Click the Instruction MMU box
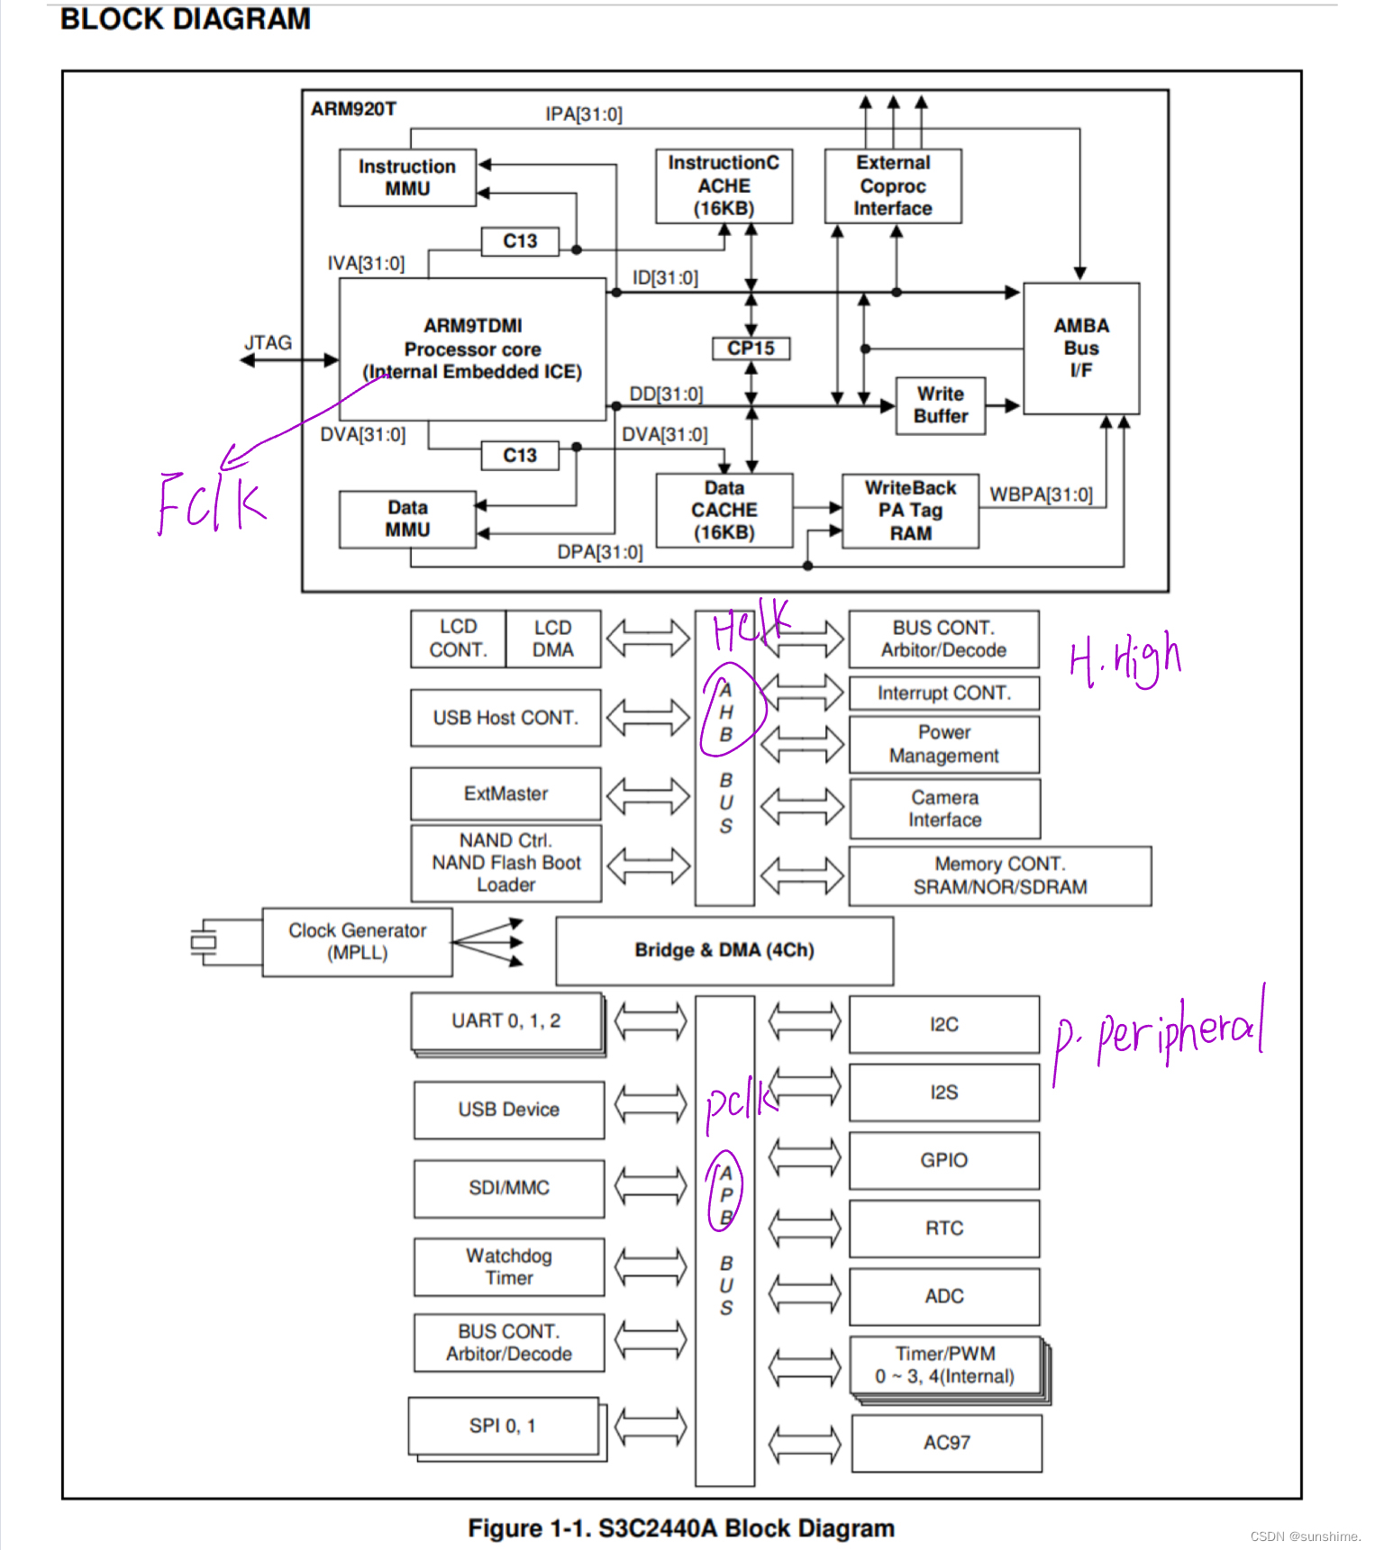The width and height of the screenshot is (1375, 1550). (407, 177)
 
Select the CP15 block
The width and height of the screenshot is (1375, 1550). (751, 349)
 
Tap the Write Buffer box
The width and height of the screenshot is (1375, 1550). (940, 405)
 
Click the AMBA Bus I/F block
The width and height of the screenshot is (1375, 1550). (1080, 349)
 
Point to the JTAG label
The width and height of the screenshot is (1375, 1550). (269, 343)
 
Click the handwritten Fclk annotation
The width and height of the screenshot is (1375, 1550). (211, 502)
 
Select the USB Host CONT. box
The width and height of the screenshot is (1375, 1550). (505, 718)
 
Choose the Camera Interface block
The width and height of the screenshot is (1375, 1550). (944, 809)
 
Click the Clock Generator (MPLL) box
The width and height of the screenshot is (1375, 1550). (357, 942)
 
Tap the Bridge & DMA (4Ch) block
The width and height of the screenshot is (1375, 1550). (724, 950)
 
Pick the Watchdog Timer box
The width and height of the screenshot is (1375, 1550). (509, 1266)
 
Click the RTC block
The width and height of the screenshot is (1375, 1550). (943, 1228)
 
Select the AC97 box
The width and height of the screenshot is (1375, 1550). (946, 1443)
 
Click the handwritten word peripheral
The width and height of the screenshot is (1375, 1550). (1180, 1031)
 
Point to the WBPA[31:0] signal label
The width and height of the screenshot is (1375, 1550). (1041, 494)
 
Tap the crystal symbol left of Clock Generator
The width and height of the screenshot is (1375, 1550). (205, 942)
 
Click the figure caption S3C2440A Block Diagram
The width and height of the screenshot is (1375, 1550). (681, 1528)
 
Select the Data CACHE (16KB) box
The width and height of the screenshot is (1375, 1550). (724, 511)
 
